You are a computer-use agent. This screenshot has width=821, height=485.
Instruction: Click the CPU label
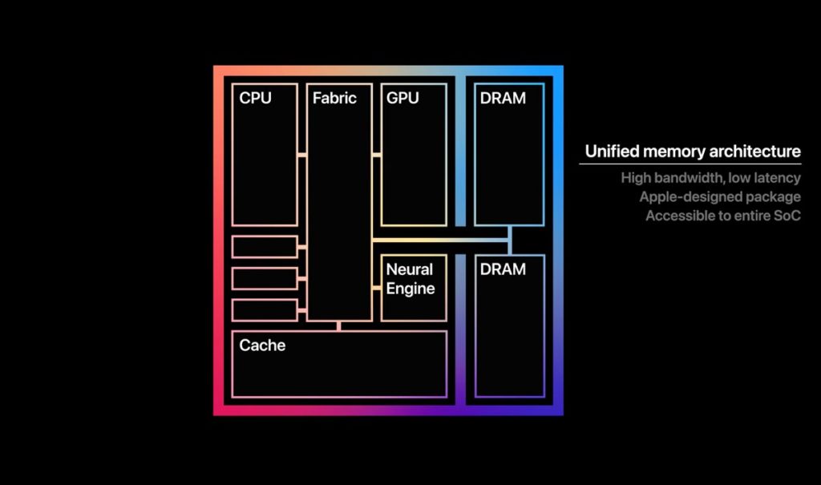(255, 98)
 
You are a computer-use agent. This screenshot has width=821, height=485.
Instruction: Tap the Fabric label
(334, 98)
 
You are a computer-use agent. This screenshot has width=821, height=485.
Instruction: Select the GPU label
(402, 98)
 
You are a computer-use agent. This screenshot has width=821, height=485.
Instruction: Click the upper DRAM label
(503, 98)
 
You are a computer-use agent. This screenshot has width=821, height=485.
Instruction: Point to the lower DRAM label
(503, 269)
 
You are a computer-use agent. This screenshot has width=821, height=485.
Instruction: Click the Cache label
(262, 346)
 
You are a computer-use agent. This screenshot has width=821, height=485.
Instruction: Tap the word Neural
(410, 269)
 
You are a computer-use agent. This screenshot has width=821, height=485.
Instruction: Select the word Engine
(410, 289)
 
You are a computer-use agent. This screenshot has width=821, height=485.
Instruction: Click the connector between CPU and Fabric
(302, 155)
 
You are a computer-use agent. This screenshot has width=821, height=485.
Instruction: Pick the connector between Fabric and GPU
(377, 155)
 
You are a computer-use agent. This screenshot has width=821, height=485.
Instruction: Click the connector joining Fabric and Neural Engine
(377, 288)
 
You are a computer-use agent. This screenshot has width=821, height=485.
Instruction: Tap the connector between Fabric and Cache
(339, 325)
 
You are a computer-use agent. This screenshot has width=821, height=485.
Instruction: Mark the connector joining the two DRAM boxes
(510, 240)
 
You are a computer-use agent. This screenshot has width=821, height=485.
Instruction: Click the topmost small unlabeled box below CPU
(265, 247)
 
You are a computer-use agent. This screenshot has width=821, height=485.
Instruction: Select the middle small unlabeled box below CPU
(265, 279)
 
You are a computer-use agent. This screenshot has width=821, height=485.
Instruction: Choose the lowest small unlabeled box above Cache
(265, 310)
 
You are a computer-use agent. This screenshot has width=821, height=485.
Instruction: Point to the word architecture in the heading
(754, 152)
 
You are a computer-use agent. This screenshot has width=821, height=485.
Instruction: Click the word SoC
(787, 216)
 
